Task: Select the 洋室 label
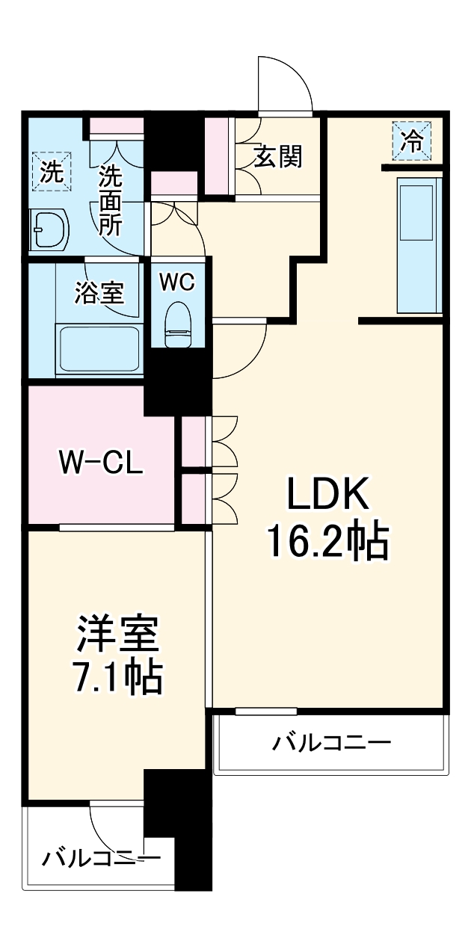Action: (117, 634)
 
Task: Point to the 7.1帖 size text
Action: (117, 677)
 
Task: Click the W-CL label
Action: (101, 463)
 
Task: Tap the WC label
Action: (177, 282)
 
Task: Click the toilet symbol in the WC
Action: (177, 324)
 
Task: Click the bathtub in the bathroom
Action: (99, 349)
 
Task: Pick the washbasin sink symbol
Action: (50, 229)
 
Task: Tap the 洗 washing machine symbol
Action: (51, 171)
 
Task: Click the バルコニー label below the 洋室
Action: (100, 857)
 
